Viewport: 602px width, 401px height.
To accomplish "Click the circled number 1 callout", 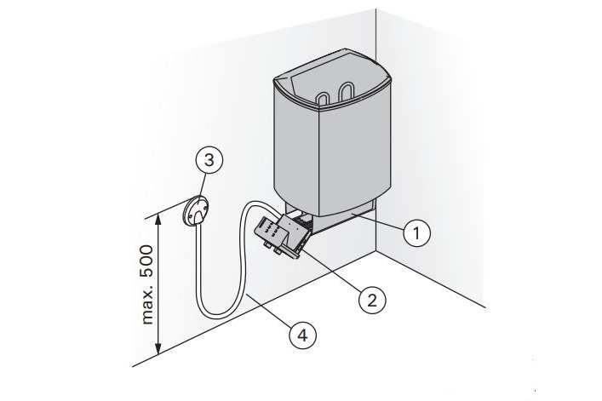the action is click(x=416, y=232).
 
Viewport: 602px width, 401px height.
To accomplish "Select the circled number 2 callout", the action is click(x=372, y=300).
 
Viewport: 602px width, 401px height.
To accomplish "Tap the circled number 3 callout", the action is click(x=209, y=160).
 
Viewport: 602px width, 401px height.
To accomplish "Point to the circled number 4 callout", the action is click(x=303, y=335).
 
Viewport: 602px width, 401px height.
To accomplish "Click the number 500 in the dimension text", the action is click(x=147, y=261).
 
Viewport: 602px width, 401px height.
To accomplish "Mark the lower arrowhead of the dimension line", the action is click(x=158, y=348).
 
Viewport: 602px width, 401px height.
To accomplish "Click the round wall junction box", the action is click(x=196, y=210).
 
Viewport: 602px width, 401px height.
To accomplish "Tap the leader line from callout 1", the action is click(x=378, y=222).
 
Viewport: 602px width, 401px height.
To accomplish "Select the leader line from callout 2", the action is click(x=332, y=272).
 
